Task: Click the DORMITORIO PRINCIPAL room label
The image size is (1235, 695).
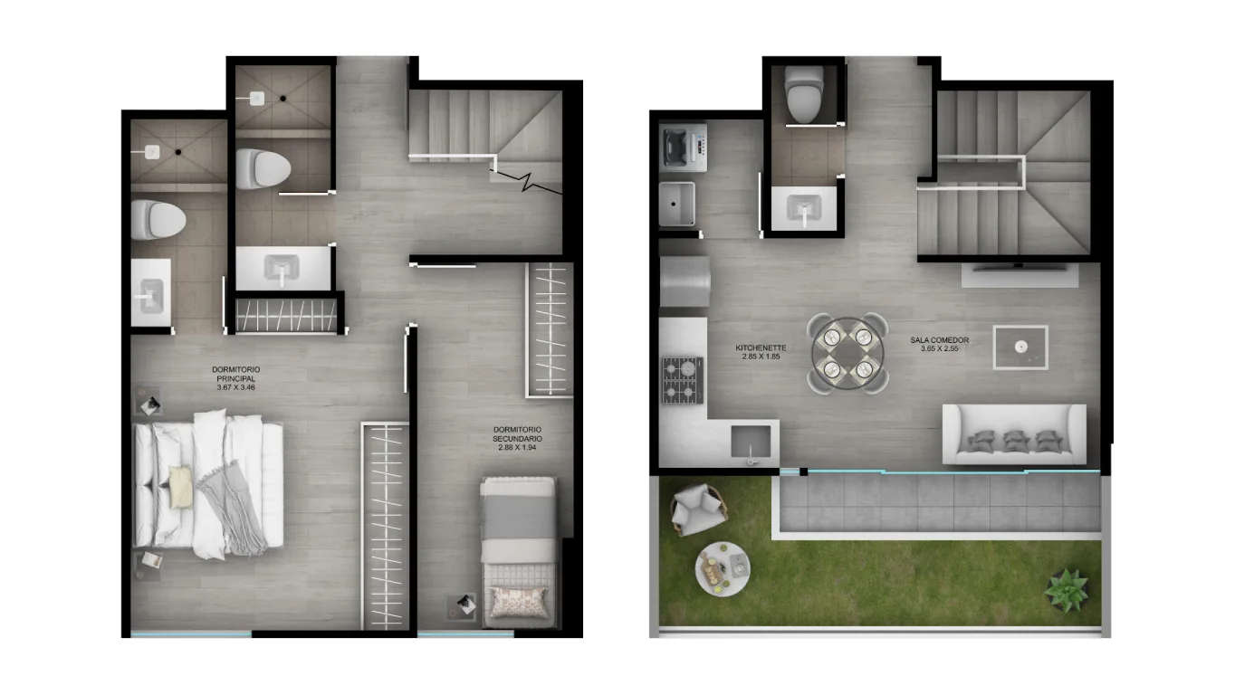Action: pos(236,374)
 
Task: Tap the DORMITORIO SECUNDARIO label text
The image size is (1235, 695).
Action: pos(517,433)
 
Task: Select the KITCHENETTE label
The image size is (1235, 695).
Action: pos(761,347)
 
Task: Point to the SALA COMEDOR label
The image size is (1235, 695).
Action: pos(940,340)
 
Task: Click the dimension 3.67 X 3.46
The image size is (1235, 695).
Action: pos(236,387)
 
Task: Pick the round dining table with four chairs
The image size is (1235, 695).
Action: pos(847,353)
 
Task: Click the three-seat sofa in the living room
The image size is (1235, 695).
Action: pos(1014,434)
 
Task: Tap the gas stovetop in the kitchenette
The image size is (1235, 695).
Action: pos(683,380)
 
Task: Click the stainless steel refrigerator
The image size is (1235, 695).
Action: pos(685,281)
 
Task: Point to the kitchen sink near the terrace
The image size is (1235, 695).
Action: pos(751,443)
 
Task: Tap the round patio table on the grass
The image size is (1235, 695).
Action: pos(723,569)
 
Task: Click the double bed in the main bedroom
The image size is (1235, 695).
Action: pos(208,484)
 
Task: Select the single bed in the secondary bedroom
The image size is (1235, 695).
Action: pos(518,552)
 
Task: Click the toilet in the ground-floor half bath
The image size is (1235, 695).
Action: pos(804,94)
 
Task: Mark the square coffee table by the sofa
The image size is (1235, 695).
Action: pos(1020,347)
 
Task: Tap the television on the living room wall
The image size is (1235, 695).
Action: pos(1019,267)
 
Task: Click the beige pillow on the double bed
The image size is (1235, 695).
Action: pos(181,487)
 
